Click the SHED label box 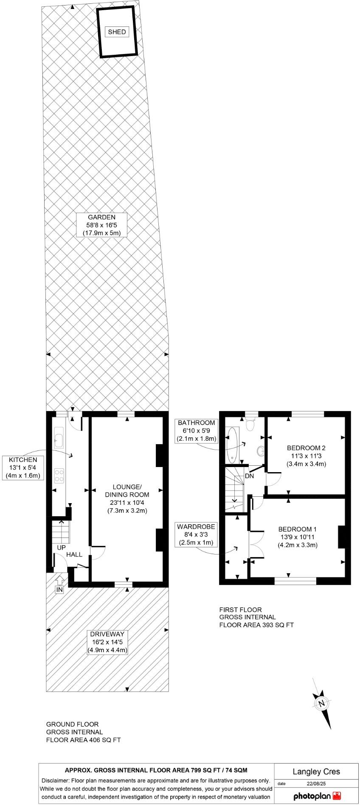tap(117, 32)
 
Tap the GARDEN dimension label tap(101, 225)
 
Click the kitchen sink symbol tap(59, 438)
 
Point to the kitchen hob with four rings tap(59, 475)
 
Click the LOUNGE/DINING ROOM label tap(127, 498)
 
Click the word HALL tap(74, 554)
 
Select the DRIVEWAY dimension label tap(107, 642)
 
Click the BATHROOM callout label tap(197, 431)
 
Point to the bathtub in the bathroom tap(232, 445)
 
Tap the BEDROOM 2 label tap(306, 456)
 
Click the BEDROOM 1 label tap(297, 537)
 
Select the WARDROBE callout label tap(196, 535)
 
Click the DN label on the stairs tap(249, 476)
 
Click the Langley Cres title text tap(316, 771)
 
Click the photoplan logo tap(317, 795)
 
